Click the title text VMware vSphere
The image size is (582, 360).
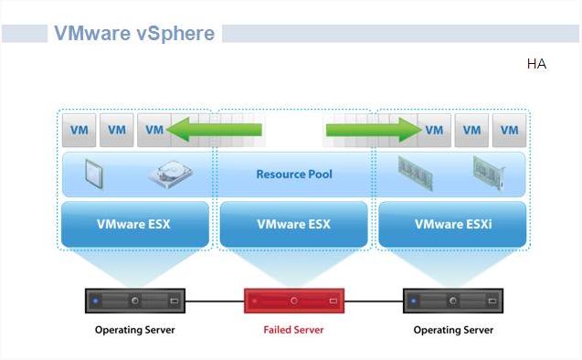(134, 34)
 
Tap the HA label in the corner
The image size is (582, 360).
(536, 65)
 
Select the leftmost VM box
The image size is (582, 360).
(79, 130)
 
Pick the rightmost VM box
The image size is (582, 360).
(509, 130)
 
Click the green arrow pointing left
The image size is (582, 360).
(213, 130)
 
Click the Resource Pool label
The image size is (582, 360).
(294, 175)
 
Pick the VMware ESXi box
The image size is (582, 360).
(452, 224)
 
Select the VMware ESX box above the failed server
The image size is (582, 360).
(294, 224)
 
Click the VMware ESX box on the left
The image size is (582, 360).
(134, 224)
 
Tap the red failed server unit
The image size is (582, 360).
(294, 300)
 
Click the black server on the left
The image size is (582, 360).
(134, 300)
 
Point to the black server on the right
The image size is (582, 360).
(453, 300)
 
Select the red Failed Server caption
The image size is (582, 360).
(294, 330)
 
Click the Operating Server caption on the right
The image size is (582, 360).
(453, 330)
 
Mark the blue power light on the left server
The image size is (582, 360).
(95, 300)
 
